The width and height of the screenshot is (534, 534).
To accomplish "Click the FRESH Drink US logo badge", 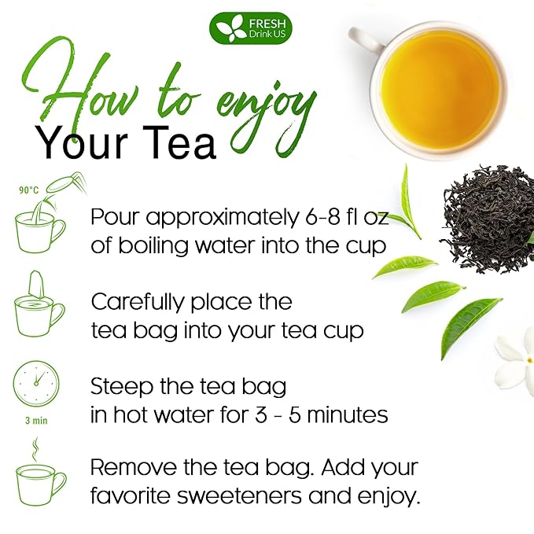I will [x=249, y=28].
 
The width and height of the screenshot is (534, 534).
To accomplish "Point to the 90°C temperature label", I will [x=29, y=190].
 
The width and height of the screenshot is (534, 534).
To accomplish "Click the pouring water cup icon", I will [x=41, y=222].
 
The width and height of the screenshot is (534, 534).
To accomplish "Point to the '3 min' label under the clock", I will [x=35, y=421].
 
